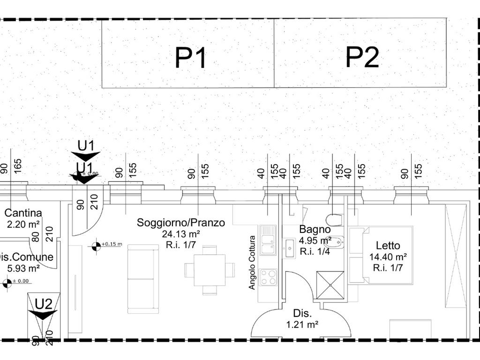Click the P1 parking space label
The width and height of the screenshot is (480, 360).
tap(190, 58)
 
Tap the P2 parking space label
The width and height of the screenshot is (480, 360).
tap(362, 57)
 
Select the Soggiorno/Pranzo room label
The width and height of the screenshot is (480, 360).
tap(180, 222)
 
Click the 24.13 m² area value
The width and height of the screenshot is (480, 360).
tap(180, 233)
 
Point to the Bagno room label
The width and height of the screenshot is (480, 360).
tap(315, 230)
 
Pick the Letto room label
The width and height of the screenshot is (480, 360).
tap(388, 245)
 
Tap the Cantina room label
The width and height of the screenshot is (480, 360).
tap(23, 213)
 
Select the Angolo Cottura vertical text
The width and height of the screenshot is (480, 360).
tap(252, 262)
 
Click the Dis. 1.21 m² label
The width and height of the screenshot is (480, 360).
tap(302, 318)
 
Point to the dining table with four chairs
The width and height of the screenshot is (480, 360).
tap(209, 270)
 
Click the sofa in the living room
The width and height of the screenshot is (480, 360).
tap(143, 278)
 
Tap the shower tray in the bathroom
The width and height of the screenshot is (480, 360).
tap(330, 285)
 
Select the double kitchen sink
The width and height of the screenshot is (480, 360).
tap(268, 240)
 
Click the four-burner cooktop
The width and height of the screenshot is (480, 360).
tap(269, 277)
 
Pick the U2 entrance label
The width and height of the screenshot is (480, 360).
tap(43, 304)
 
